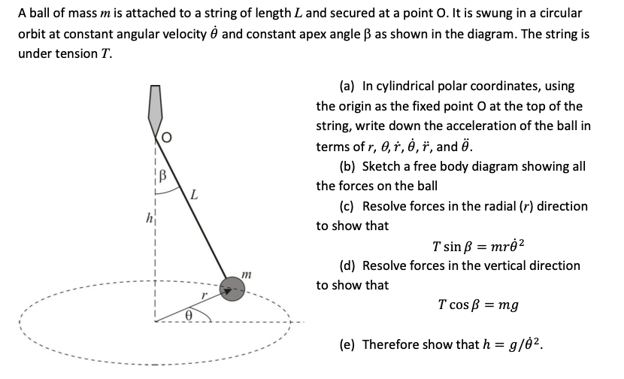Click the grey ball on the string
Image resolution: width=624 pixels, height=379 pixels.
click(x=233, y=289)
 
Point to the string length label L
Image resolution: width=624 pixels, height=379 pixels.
click(x=194, y=197)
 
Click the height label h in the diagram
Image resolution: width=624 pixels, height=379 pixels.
click(x=148, y=219)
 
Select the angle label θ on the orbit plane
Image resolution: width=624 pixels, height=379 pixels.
click(x=189, y=317)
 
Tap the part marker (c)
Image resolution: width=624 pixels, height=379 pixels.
click(x=350, y=206)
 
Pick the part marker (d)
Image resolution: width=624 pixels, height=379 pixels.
click(x=350, y=265)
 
